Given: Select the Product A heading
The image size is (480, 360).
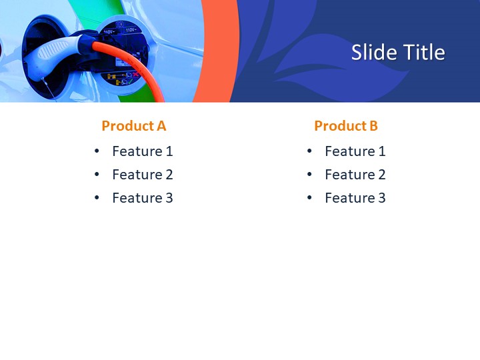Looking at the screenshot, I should (133, 125).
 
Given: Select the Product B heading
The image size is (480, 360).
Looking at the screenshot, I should (346, 125).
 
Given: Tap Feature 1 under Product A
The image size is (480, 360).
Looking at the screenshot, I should (142, 151).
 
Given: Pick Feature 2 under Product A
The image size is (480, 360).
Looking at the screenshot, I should (142, 175).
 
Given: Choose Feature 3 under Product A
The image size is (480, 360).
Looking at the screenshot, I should (142, 198).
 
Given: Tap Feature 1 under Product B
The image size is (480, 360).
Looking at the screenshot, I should (355, 151).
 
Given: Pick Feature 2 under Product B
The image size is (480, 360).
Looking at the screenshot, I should (355, 175).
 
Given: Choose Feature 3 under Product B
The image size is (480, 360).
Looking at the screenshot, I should (355, 198).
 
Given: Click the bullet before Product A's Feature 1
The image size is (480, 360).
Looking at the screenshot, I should (97, 151).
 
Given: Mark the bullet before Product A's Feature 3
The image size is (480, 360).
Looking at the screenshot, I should (97, 198).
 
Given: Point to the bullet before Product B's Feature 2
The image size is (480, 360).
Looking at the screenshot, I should (310, 175).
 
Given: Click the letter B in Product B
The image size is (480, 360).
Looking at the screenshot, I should (373, 125).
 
